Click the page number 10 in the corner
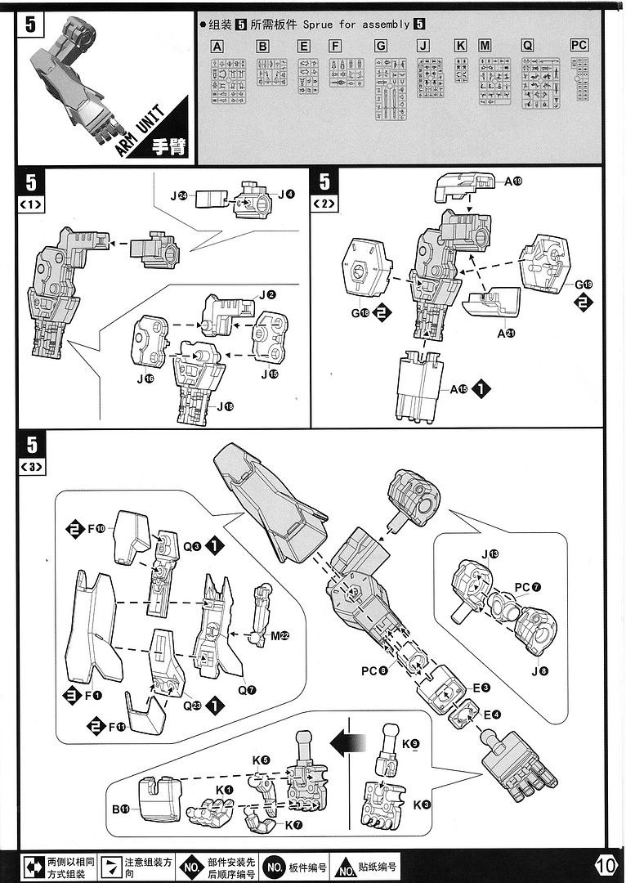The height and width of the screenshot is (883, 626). point(606,865)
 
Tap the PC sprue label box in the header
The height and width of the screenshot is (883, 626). point(579,46)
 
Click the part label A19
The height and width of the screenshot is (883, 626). point(513,182)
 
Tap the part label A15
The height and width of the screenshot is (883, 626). point(458,390)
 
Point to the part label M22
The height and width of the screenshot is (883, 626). point(283,636)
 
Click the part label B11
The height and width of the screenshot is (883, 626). point(121,809)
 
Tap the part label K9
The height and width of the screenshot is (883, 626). point(411,743)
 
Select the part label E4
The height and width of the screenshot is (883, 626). point(492,715)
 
